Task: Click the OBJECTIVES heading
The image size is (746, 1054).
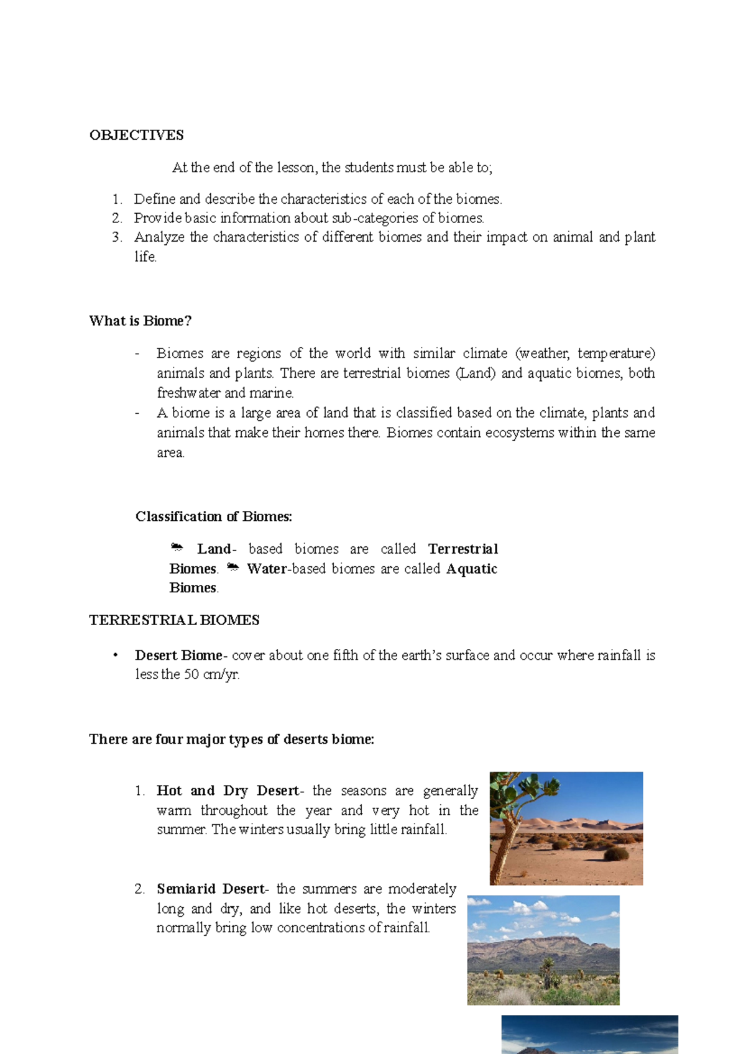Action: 136,135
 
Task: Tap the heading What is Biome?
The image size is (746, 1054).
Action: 140,321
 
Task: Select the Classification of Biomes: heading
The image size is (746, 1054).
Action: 213,516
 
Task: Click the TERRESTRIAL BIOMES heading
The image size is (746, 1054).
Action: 174,620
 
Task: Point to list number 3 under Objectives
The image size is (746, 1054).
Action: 117,237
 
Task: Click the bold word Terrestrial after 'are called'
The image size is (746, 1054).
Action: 463,549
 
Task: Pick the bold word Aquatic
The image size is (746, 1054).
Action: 472,569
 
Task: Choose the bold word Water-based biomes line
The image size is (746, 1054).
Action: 267,569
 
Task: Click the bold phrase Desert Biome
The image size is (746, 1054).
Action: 178,655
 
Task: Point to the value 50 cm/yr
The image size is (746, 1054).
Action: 211,674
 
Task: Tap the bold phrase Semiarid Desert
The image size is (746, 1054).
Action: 210,889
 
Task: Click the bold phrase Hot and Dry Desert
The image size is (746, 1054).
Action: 228,790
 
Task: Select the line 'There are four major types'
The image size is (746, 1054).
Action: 231,739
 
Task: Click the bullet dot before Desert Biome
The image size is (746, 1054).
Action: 115,655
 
